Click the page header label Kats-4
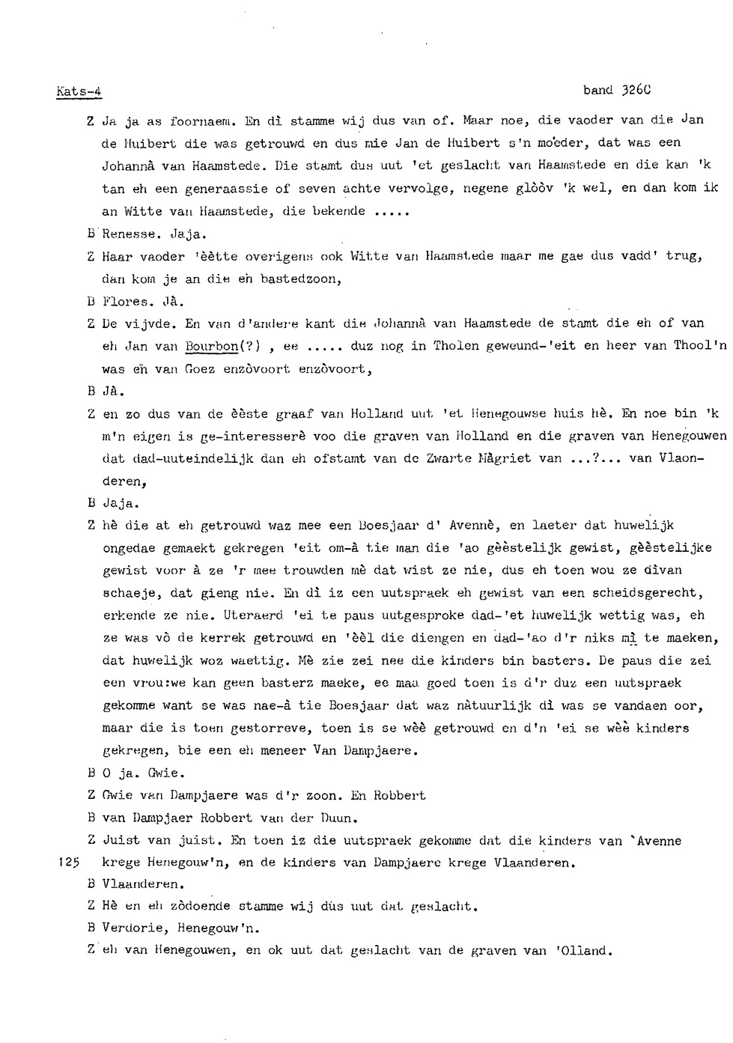(x=79, y=92)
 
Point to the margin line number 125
(x=67, y=863)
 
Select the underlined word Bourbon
(x=211, y=346)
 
